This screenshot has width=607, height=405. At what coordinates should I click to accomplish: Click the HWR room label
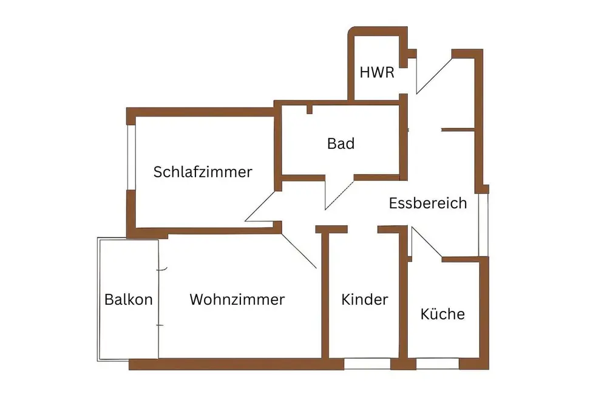[x=377, y=73]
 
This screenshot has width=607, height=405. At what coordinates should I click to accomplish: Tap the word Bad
[x=341, y=144]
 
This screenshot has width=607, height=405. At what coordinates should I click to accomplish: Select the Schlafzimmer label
[x=203, y=172]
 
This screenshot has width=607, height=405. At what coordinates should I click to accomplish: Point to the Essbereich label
[x=428, y=203]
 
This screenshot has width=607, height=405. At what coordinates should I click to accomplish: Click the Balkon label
[x=128, y=299]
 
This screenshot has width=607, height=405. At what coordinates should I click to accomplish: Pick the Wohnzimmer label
[x=237, y=299]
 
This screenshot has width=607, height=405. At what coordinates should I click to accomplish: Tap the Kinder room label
[x=364, y=299]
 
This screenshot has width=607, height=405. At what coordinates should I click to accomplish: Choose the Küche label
[x=443, y=314]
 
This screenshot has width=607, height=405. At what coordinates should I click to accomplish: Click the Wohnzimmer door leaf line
[x=300, y=250]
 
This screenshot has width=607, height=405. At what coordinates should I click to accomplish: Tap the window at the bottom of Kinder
[x=367, y=364]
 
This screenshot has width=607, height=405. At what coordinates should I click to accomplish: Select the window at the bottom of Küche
[x=438, y=364]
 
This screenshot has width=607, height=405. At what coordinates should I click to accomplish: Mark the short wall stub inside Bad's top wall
[x=310, y=110]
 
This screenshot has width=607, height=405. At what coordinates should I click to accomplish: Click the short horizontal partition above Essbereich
[x=456, y=129]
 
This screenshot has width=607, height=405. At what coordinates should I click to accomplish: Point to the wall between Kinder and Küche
[x=402, y=298]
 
